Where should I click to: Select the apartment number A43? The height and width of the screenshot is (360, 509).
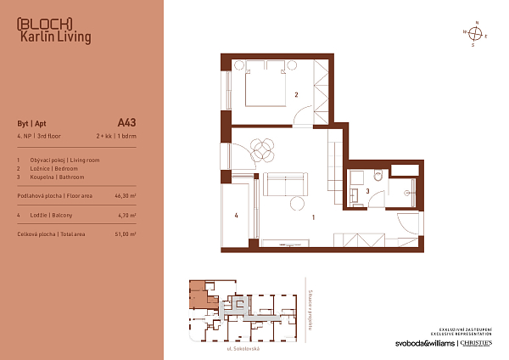(x=126, y=122)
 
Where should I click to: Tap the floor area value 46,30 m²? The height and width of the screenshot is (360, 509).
(x=125, y=195)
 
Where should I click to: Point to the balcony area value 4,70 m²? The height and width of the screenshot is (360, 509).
(x=126, y=216)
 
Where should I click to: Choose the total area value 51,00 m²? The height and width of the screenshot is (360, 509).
(x=125, y=233)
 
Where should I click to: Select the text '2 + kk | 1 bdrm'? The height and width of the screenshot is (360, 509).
(x=116, y=136)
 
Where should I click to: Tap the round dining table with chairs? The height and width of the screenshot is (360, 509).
(x=264, y=149)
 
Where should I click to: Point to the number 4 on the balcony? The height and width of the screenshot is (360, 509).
(x=237, y=215)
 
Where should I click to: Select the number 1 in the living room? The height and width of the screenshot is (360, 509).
(x=313, y=217)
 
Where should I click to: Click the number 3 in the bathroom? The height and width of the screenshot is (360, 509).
(x=367, y=192)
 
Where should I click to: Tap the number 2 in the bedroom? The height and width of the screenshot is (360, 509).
(x=296, y=94)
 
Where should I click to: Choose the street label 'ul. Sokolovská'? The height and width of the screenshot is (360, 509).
(x=242, y=349)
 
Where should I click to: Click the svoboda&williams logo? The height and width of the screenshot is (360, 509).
(x=424, y=343)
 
